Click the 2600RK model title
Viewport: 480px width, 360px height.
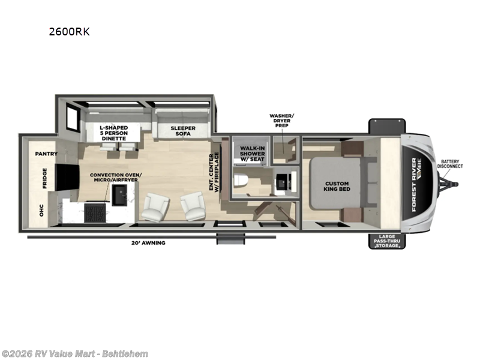pyautogui.click(x=70, y=32)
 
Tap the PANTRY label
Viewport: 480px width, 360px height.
pyautogui.click(x=46, y=154)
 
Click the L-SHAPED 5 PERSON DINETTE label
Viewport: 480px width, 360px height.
pyautogui.click(x=113, y=133)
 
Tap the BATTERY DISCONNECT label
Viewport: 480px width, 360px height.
pyautogui.click(x=451, y=164)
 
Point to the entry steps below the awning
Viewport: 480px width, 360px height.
pyautogui.click(x=227, y=240)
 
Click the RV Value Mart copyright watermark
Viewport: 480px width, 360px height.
pyautogui.click(x=75, y=353)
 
